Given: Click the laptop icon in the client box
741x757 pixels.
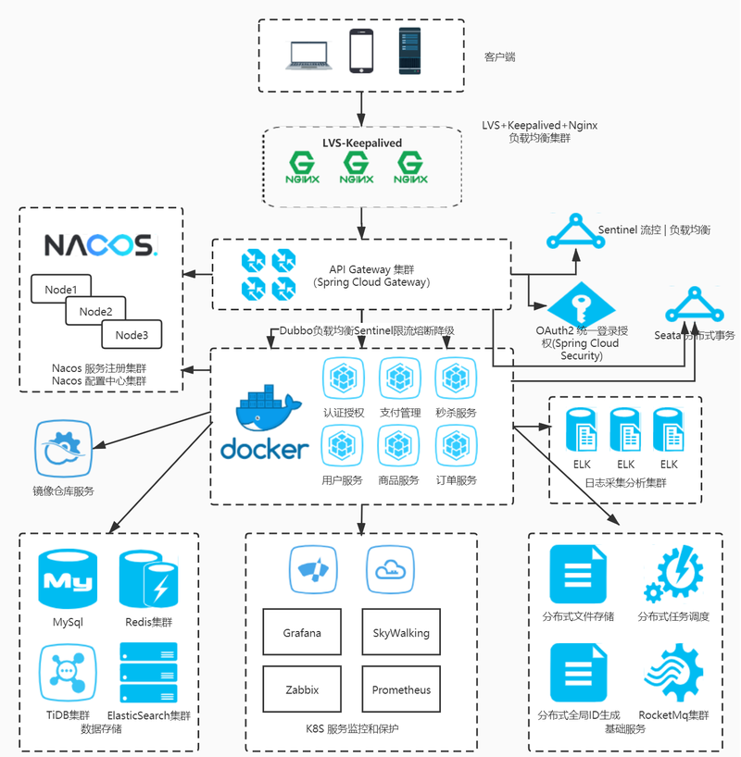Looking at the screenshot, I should [308, 55].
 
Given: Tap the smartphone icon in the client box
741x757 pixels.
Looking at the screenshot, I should [361, 51].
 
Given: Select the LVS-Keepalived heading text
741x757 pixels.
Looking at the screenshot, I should [361, 143].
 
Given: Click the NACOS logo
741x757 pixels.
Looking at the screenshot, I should [102, 244].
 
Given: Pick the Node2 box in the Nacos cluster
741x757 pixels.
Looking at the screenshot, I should [95, 312].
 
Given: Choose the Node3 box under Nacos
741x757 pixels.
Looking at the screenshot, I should [132, 335].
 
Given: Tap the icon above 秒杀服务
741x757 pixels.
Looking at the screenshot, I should [456, 378].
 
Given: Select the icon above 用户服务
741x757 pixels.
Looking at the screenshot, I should [342, 446].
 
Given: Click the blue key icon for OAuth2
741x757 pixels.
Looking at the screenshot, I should [582, 304].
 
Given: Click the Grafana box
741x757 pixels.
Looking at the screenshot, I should [302, 633].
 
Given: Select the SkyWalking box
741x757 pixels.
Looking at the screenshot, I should [401, 633].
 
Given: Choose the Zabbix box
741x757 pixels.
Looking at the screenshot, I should [302, 689].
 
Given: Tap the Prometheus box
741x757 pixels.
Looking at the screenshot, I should [401, 689].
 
